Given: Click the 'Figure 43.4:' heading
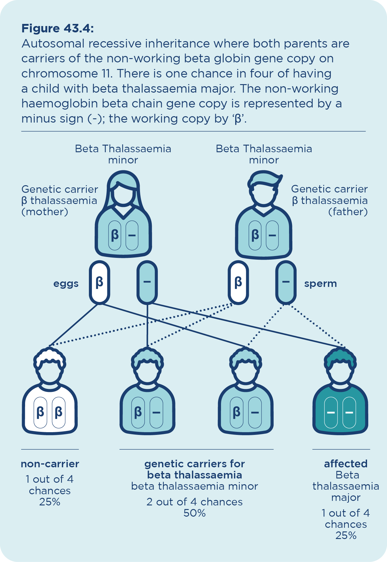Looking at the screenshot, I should (x=57, y=28).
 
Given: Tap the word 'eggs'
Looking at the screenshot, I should (x=66, y=284).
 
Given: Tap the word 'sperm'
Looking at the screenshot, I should (x=320, y=284).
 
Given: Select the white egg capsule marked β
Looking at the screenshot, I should (x=99, y=282).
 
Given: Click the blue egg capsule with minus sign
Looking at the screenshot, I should (x=147, y=282).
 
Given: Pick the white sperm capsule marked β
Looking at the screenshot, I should (x=238, y=282).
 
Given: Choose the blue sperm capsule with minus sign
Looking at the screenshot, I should (x=286, y=282).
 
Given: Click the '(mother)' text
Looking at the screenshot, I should (x=45, y=212).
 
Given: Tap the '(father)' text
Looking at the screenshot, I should (x=348, y=212).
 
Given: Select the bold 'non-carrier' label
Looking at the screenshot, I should (x=50, y=464).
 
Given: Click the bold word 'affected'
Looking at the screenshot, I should (x=346, y=464).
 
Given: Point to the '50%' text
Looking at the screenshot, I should (x=194, y=513).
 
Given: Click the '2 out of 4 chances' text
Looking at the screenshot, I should (x=194, y=502).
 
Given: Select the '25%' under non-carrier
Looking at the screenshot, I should (x=50, y=502).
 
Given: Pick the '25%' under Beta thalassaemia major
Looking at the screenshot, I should (x=346, y=535).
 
